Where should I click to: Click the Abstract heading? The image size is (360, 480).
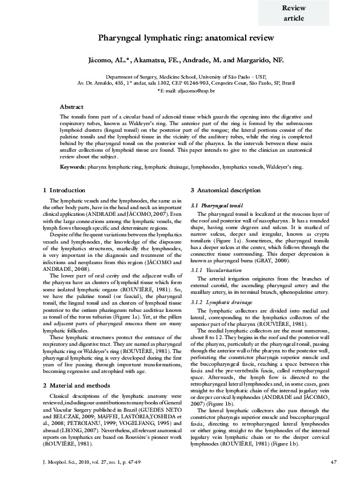(x=72, y=106)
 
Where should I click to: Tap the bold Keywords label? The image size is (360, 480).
(x=73, y=165)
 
